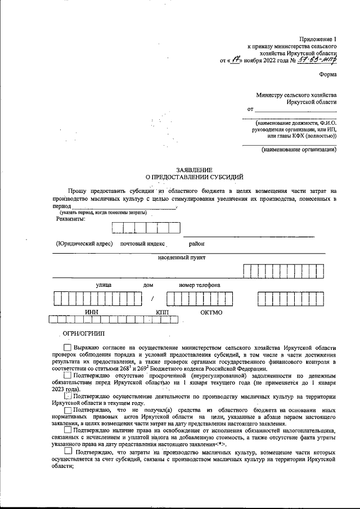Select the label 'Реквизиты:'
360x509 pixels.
71,219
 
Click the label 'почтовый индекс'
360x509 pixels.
142,244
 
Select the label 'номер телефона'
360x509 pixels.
200,285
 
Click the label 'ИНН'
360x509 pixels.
92,312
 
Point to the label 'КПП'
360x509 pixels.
163,312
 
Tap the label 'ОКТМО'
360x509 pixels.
211,312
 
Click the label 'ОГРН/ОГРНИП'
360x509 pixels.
80,334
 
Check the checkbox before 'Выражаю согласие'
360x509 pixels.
67,349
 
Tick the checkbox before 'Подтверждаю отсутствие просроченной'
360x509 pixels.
67,375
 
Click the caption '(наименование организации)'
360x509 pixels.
299,150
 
